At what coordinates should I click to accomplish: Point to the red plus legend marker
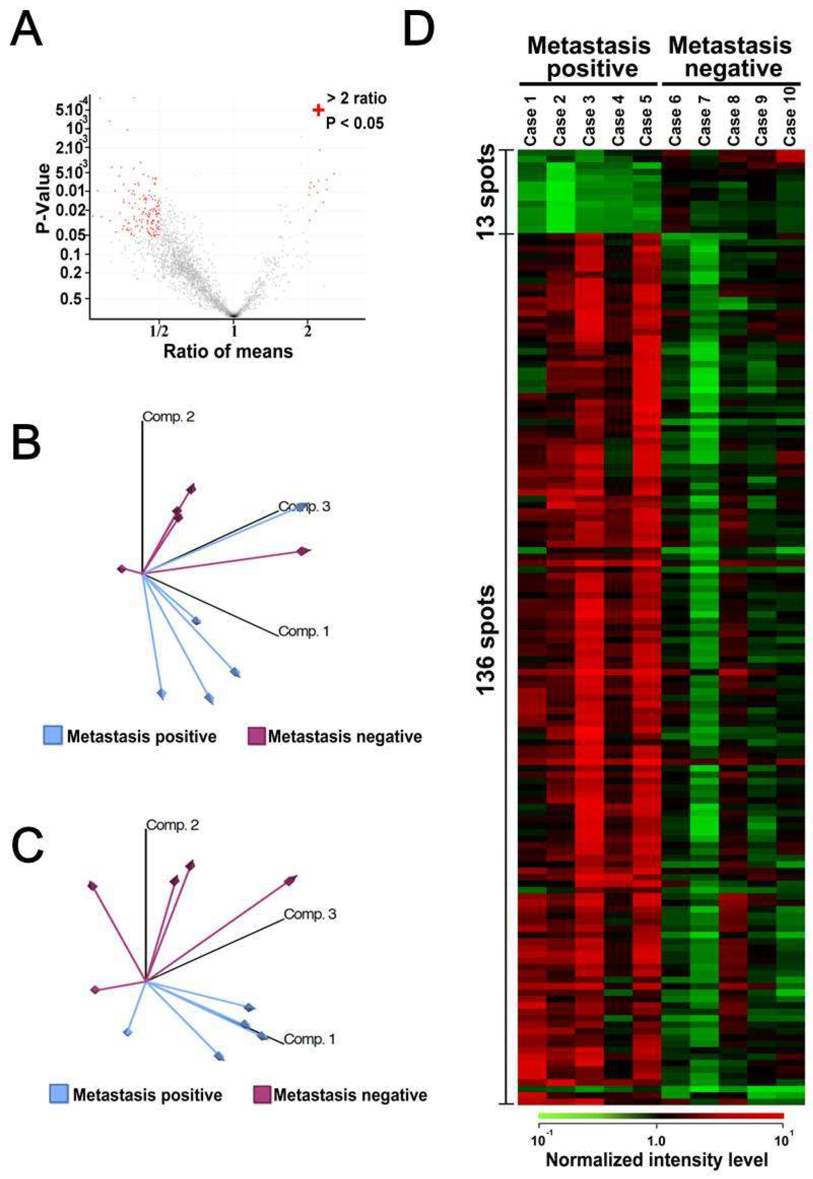pos(319,110)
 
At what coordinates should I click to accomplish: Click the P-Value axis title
pos(44,198)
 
